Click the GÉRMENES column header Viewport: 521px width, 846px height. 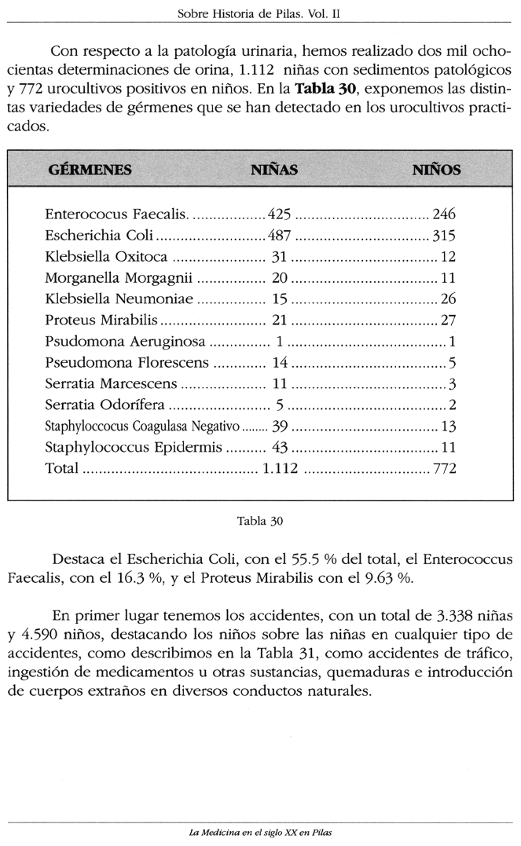coord(90,170)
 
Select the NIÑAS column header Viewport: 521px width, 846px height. coord(273,170)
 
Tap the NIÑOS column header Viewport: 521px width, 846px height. coord(436,170)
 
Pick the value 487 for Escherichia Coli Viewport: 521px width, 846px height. coord(280,235)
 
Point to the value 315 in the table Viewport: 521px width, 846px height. coord(444,235)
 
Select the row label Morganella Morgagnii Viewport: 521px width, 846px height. coord(119,277)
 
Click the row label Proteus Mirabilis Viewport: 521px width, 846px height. coord(102,320)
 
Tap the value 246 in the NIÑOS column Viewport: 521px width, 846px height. coord(444,214)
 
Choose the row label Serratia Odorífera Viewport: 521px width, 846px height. coord(107,405)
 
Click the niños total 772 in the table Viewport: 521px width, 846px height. coord(445,468)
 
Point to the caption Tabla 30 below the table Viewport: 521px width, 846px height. coord(259,520)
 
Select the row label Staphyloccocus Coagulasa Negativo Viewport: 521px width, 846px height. coord(141,426)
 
